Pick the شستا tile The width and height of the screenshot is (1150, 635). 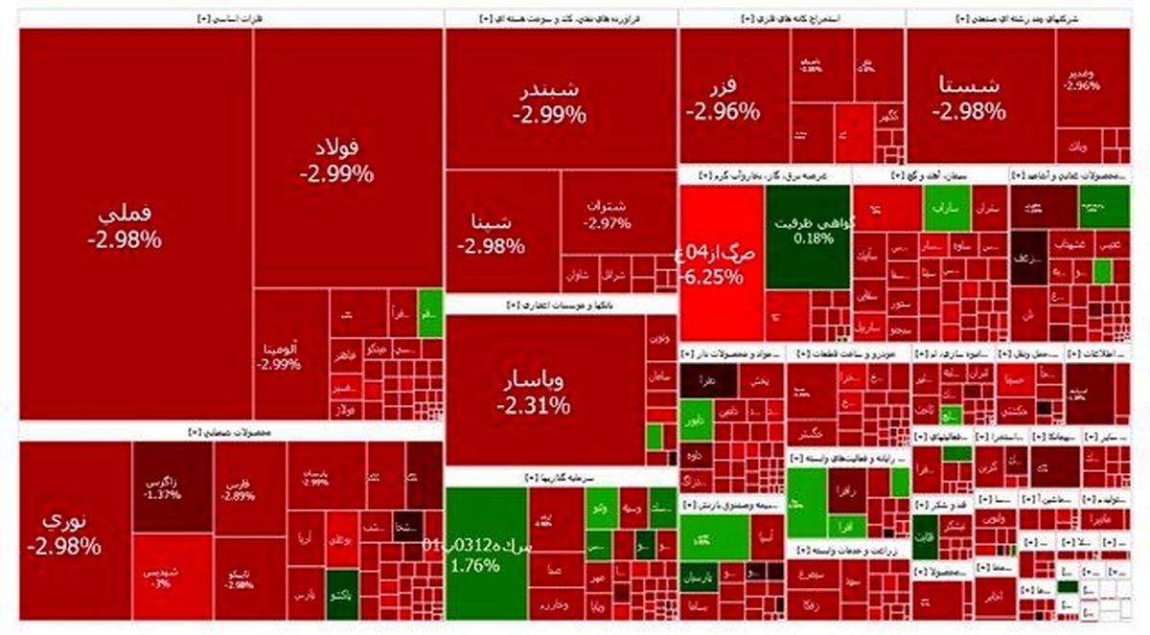[969, 96]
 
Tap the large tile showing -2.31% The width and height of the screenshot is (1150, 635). [534, 393]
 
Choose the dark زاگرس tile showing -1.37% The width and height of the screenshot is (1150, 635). [162, 488]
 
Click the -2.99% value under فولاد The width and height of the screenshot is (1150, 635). [336, 174]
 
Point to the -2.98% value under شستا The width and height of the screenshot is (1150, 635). [969, 111]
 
